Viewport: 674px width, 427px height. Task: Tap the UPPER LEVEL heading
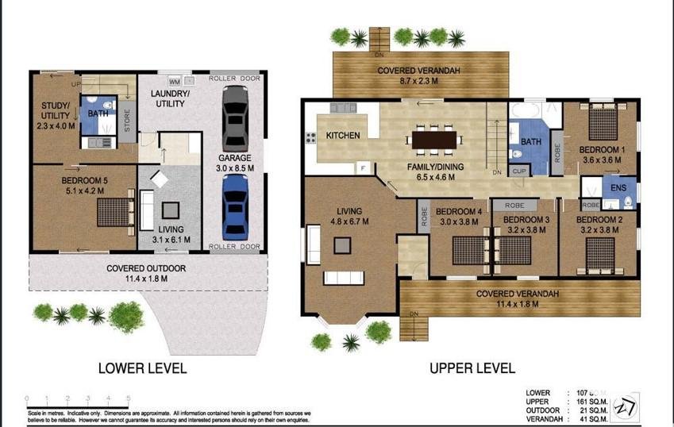(472, 368)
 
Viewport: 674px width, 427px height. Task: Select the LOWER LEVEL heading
(142, 368)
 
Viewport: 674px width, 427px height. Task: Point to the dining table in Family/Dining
(436, 140)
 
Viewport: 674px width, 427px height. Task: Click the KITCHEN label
(343, 136)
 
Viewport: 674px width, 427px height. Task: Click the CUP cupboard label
(519, 171)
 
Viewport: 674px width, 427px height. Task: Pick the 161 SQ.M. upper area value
(588, 402)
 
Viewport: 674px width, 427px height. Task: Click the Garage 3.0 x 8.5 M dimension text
(236, 167)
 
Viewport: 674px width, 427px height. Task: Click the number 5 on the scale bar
(129, 399)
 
